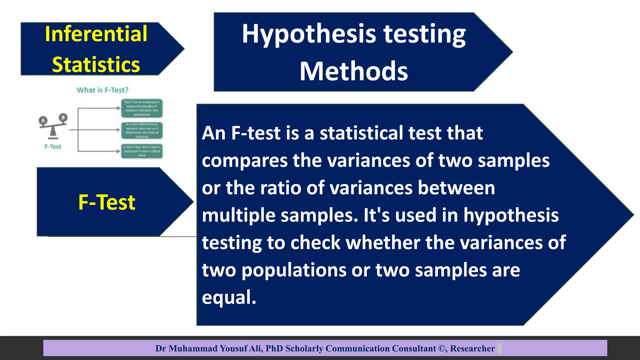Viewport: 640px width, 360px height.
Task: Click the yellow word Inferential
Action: point(96,34)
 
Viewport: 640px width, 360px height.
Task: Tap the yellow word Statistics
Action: point(96,65)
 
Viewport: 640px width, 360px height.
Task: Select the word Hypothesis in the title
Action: point(309,34)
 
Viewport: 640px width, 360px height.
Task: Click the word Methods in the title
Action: point(353,72)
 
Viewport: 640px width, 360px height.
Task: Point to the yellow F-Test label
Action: point(107,202)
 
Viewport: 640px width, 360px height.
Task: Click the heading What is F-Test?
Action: point(102,90)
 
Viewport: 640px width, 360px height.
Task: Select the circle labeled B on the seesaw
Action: point(63,117)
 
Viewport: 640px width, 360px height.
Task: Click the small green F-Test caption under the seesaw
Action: point(53,147)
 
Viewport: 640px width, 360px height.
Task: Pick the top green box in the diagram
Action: point(142,108)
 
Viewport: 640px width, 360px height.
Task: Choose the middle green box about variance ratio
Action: point(142,130)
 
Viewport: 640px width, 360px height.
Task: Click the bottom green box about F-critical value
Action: point(142,151)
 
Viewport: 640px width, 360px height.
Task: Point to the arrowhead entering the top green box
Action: point(119,108)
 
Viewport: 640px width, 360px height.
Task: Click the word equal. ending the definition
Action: point(229,297)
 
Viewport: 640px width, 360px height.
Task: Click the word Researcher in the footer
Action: point(472,348)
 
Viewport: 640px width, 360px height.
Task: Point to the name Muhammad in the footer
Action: point(193,348)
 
